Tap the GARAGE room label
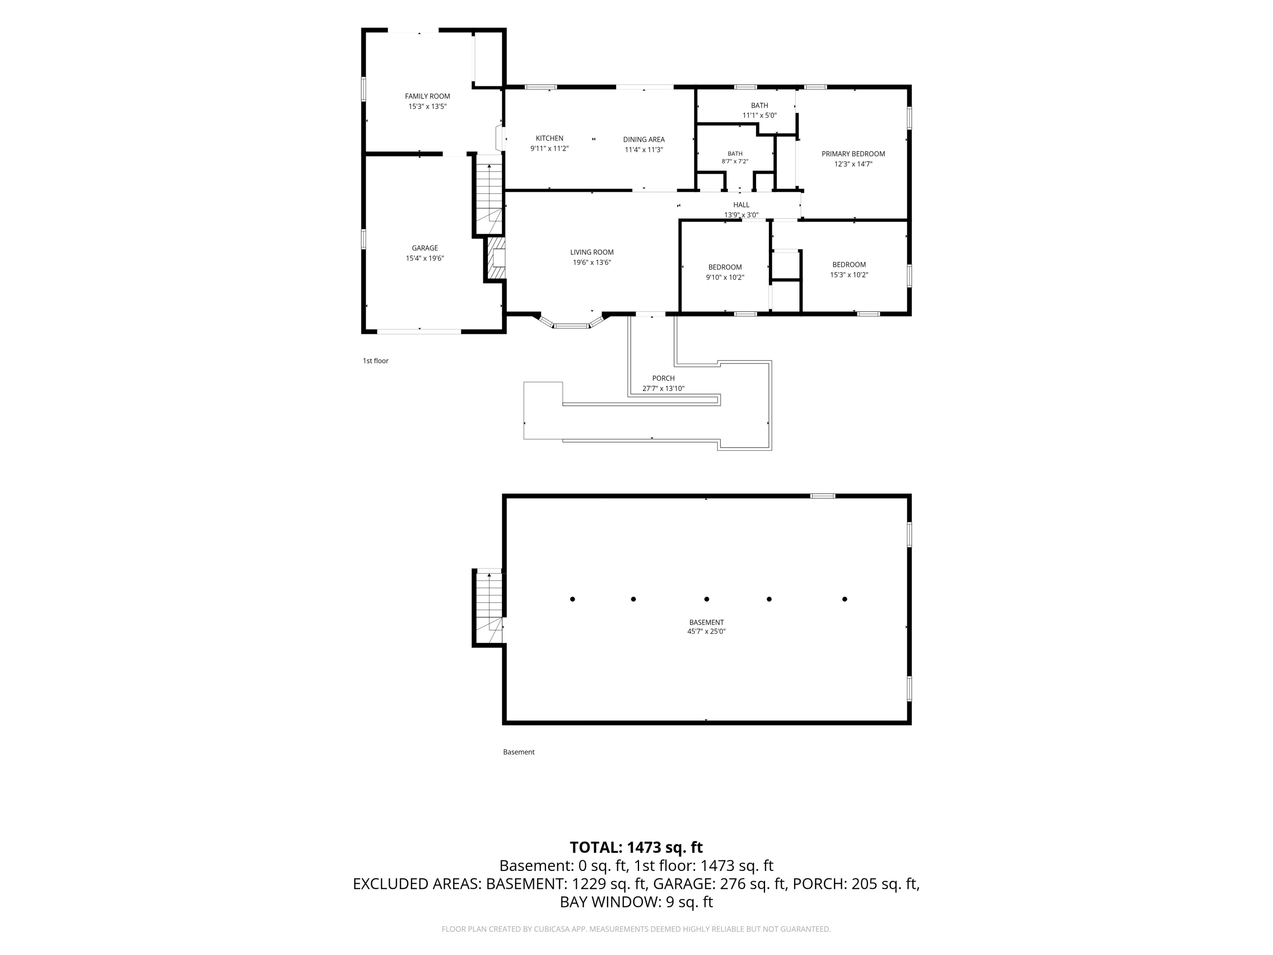(x=425, y=248)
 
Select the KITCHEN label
(x=550, y=138)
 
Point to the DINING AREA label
(x=644, y=139)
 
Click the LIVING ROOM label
(x=592, y=252)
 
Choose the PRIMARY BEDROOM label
(x=853, y=154)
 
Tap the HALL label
(x=741, y=205)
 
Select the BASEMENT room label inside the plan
(x=706, y=622)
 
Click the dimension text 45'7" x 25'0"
(x=706, y=632)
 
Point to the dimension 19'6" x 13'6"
(x=592, y=262)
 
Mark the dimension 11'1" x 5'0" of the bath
(x=760, y=115)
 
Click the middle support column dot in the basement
(x=706, y=599)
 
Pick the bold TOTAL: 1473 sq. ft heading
(x=636, y=847)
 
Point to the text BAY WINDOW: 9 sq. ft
(x=636, y=902)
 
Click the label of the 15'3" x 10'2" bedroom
(x=849, y=265)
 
